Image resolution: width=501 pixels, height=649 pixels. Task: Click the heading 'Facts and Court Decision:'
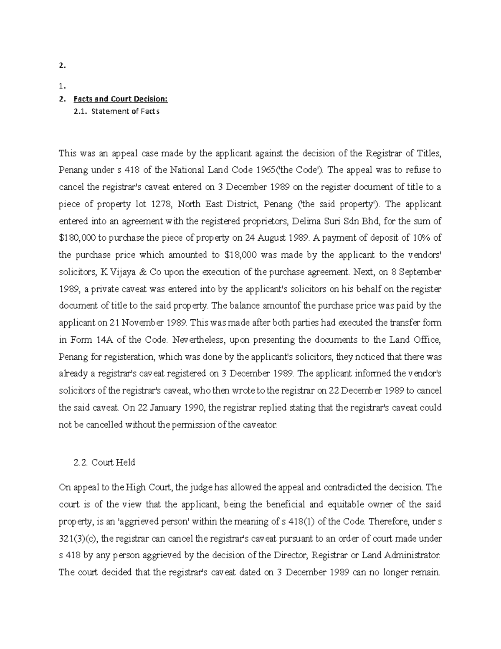pyautogui.click(x=120, y=99)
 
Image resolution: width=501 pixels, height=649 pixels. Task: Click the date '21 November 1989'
pyautogui.click(x=149, y=323)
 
